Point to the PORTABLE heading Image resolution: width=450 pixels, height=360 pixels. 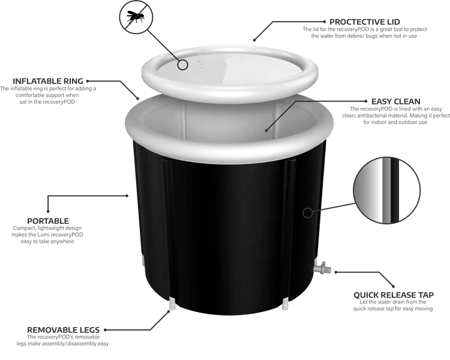48,221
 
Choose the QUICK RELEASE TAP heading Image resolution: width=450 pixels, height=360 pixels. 393,295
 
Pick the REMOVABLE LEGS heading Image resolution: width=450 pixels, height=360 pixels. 63,329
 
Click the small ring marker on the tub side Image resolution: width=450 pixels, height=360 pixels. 308,212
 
